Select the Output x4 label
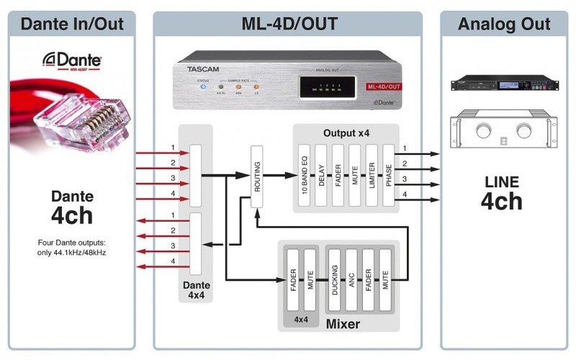346,134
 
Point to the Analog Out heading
504,24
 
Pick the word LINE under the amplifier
501,181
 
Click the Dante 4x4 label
195,290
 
